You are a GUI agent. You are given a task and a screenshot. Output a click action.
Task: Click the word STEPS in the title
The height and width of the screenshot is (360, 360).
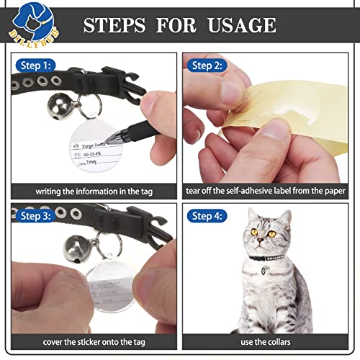[x=115, y=24]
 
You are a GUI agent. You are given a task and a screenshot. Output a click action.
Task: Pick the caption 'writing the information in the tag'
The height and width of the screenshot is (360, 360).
[x=94, y=192]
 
